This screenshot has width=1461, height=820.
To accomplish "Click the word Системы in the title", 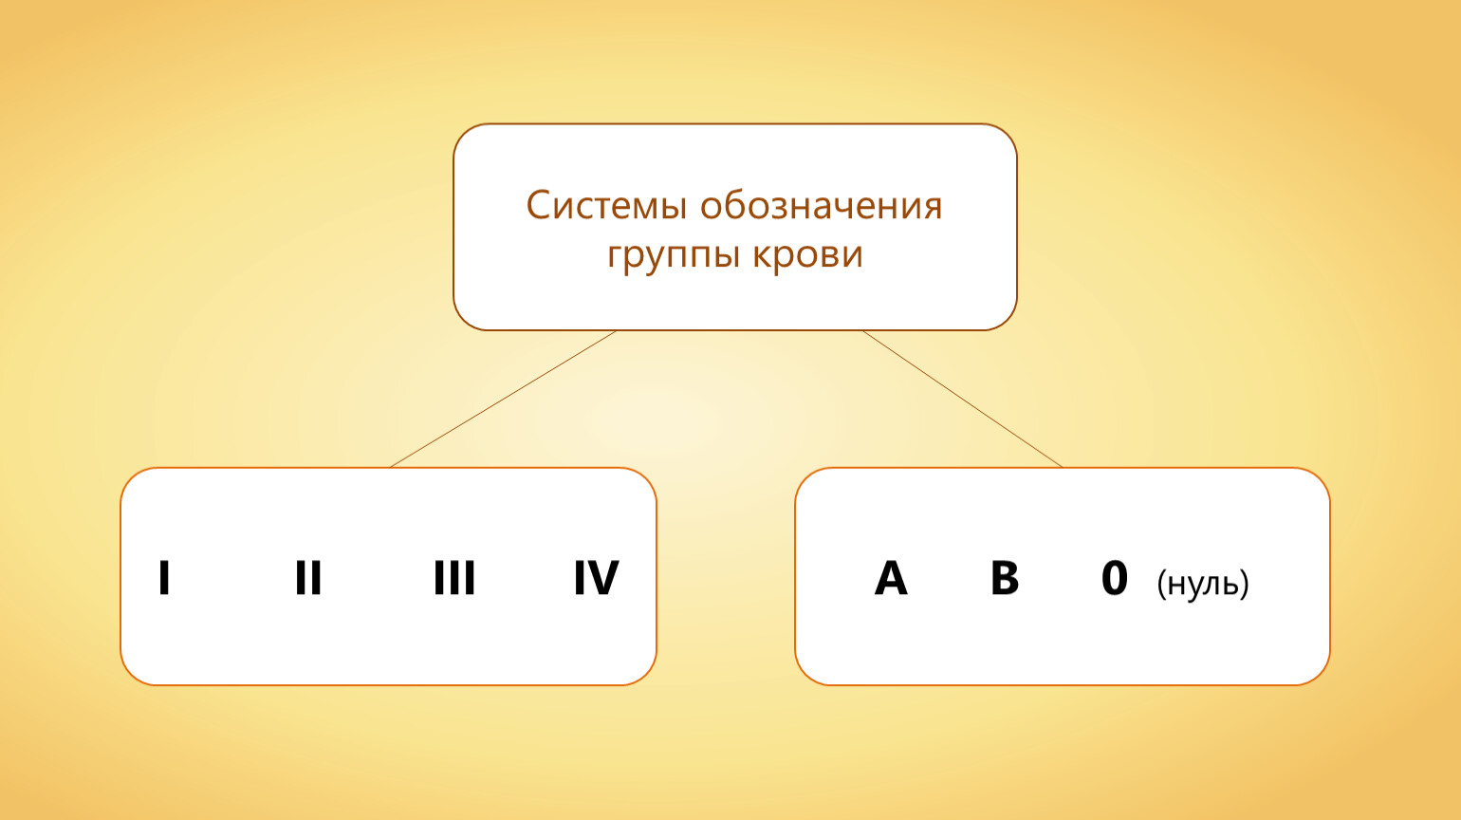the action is [606, 206].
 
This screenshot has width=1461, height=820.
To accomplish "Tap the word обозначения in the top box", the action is [822, 206].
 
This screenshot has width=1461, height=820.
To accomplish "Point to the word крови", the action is [807, 253].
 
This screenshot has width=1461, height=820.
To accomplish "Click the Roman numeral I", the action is [164, 577].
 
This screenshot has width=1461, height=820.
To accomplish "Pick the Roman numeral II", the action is [308, 577].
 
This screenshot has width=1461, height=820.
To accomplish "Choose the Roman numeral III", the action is [454, 577].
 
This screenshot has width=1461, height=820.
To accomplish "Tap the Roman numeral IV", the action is [596, 577].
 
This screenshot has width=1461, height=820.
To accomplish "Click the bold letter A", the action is [891, 577].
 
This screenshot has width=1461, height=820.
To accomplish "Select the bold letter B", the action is [1005, 577].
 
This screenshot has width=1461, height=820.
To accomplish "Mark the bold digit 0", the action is [1115, 577].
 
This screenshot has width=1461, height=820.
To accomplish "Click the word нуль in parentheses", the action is [1203, 583].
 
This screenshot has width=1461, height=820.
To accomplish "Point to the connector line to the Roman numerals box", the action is [503, 400].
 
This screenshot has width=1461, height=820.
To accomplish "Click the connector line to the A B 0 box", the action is [963, 400].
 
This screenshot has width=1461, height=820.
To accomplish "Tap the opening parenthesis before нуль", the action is [1161, 584].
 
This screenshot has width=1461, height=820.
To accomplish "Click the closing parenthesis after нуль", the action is [1245, 584].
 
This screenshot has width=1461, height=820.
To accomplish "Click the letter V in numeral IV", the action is [603, 577].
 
